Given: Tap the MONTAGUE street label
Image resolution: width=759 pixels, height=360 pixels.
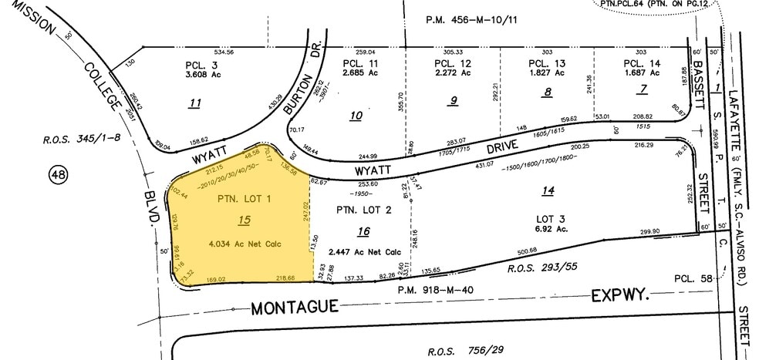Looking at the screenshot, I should point(295,308).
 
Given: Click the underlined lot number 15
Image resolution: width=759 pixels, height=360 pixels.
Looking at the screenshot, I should point(245,220).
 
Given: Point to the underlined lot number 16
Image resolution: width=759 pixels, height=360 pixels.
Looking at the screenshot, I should point(364,230).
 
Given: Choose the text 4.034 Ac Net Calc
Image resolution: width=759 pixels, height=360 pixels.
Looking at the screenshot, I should point(244,244).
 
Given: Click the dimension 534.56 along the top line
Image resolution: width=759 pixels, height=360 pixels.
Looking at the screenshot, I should point(202,51).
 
